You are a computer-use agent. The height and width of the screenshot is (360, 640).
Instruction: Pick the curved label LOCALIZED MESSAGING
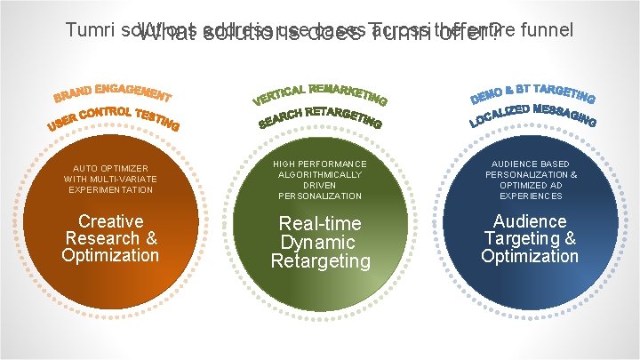pos(532,113)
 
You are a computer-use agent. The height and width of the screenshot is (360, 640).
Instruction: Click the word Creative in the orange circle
pos(110,221)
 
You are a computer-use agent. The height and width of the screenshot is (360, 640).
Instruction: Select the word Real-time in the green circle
pos(320,224)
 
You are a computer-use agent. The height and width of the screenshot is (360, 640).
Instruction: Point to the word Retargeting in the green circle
pos(320,260)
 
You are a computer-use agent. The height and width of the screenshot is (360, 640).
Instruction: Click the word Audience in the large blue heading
pos(530,221)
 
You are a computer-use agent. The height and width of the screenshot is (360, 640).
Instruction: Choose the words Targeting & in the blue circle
pos(530,238)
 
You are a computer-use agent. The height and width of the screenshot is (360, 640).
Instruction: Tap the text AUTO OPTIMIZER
pos(110,168)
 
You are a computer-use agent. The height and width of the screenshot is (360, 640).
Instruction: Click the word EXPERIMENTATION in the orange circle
pos(110,189)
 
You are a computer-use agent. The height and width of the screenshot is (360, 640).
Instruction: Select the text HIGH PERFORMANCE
pos(320,164)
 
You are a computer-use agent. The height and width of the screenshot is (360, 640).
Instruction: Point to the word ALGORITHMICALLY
pos(320,175)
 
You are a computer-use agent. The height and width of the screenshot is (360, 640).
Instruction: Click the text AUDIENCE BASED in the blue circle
pos(530,164)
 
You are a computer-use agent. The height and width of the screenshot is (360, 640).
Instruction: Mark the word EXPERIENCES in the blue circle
pos(530,196)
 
